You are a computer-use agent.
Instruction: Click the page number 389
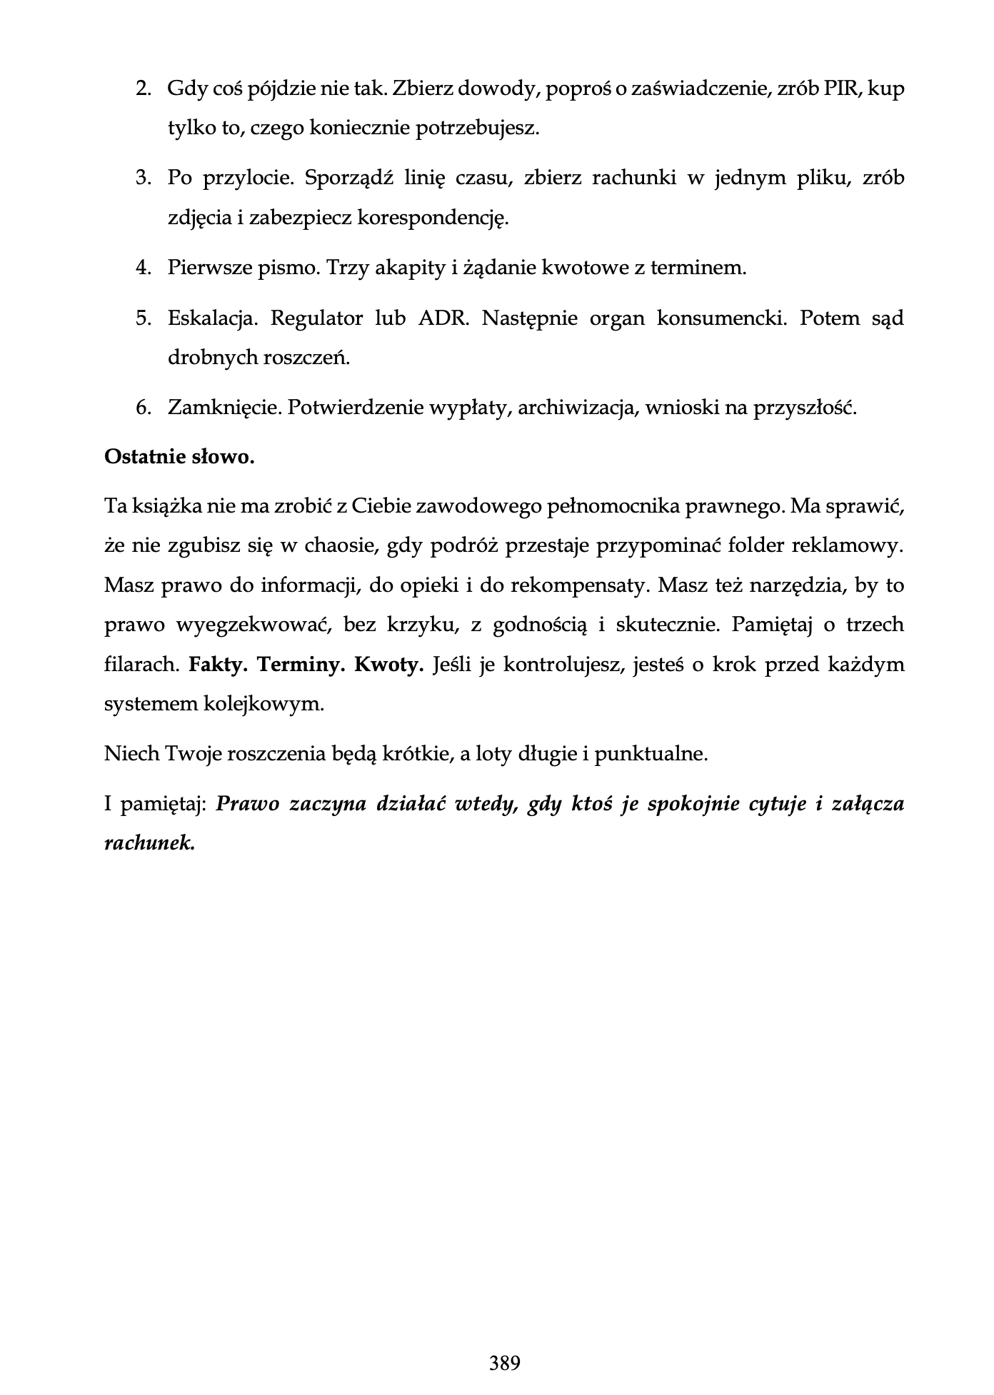click(505, 1363)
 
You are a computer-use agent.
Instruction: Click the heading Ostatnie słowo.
click(179, 457)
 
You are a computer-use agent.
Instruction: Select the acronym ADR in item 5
click(443, 318)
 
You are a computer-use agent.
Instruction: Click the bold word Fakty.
click(218, 665)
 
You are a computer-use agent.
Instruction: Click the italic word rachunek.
click(149, 843)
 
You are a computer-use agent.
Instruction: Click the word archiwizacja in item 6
click(577, 408)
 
